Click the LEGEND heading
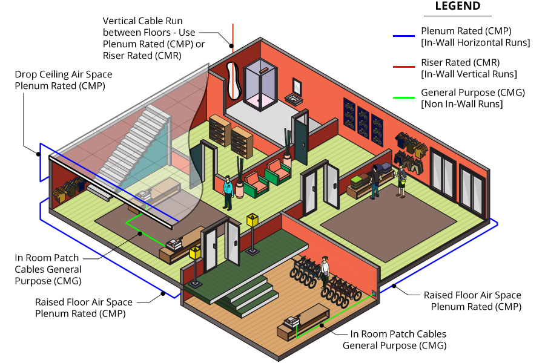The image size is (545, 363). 457,7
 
